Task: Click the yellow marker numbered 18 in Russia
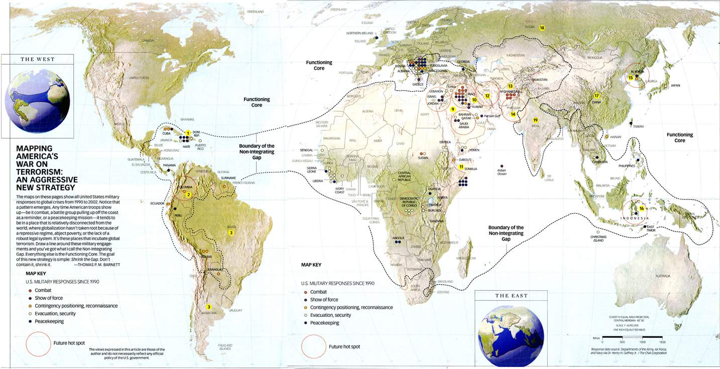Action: tap(542, 28)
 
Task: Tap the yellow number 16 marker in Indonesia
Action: tap(641, 208)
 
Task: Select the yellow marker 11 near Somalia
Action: tap(461, 166)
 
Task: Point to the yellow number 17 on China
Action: tap(597, 96)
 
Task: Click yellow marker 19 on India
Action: tap(535, 120)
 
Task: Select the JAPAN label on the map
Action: tap(676, 86)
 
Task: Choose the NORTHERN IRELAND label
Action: tap(360, 34)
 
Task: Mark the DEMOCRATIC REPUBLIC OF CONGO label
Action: tap(411, 202)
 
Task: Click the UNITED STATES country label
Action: tap(139, 78)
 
